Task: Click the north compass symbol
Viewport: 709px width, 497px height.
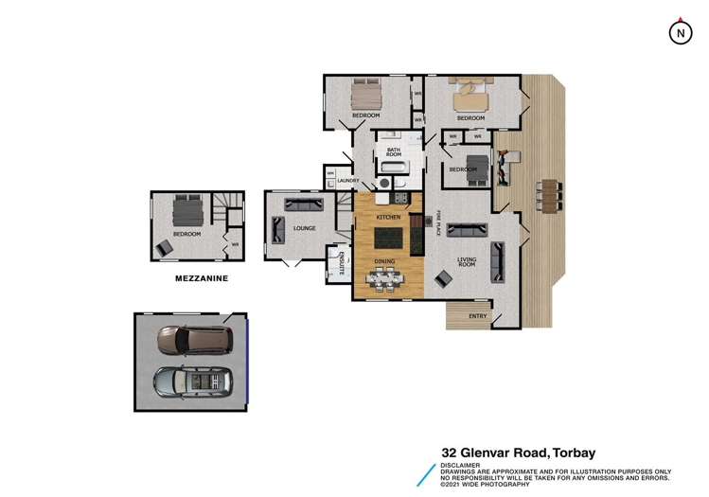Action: click(679, 32)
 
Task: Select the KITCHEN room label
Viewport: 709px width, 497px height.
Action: click(389, 218)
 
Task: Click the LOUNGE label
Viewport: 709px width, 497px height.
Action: click(305, 228)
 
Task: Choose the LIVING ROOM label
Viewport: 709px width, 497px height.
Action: click(466, 262)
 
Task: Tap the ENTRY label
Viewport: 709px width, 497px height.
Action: click(478, 316)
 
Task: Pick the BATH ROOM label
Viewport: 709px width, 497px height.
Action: click(394, 152)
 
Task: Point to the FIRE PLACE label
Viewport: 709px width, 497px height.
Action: click(439, 221)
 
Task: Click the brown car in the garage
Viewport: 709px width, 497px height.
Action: click(193, 339)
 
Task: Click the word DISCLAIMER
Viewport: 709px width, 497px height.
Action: click(460, 465)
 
